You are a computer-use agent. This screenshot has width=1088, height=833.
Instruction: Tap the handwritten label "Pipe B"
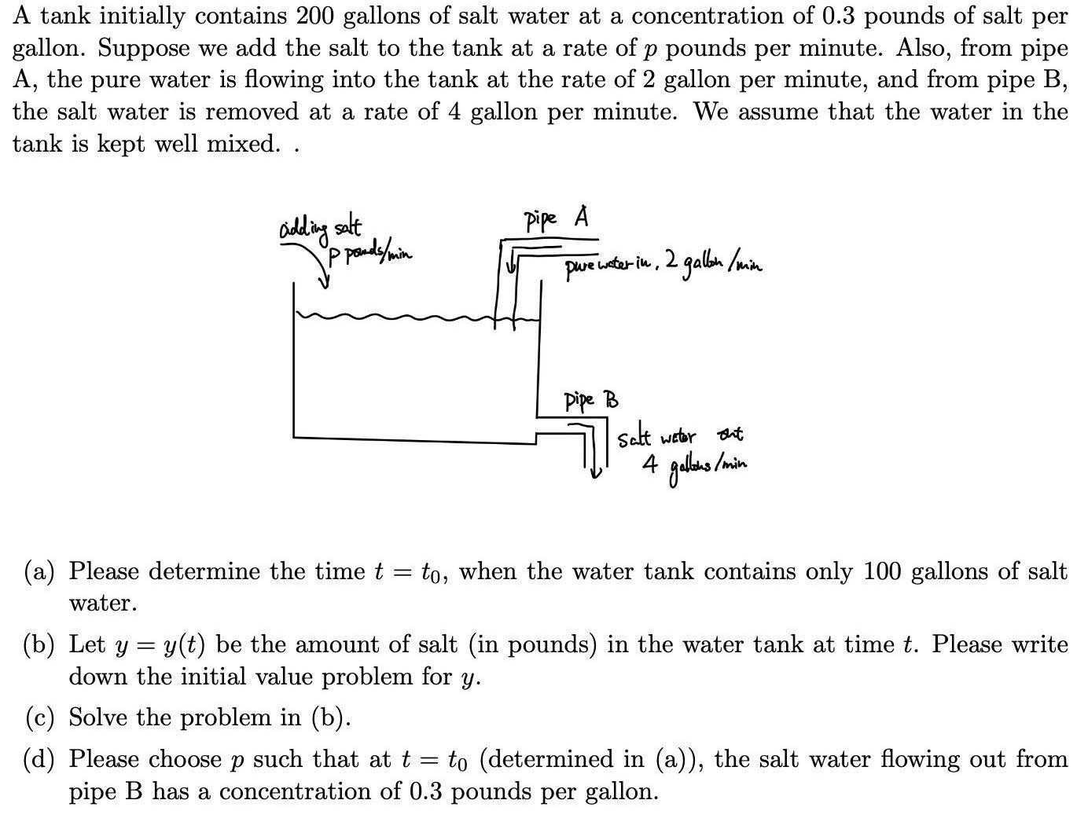click(x=590, y=400)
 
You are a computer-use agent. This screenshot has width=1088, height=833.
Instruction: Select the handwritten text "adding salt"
click(x=320, y=229)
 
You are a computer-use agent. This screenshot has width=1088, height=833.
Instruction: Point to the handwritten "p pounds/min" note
click(x=370, y=253)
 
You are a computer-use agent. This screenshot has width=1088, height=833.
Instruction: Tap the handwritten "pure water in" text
click(x=610, y=267)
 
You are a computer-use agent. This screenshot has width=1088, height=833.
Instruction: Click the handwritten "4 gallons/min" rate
click(x=693, y=465)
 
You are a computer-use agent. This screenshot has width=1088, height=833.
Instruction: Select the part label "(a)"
click(x=39, y=571)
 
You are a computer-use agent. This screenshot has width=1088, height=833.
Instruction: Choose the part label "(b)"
click(x=39, y=645)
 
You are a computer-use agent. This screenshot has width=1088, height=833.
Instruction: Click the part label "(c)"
click(x=39, y=717)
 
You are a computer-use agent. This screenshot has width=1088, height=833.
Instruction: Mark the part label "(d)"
click(x=39, y=759)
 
